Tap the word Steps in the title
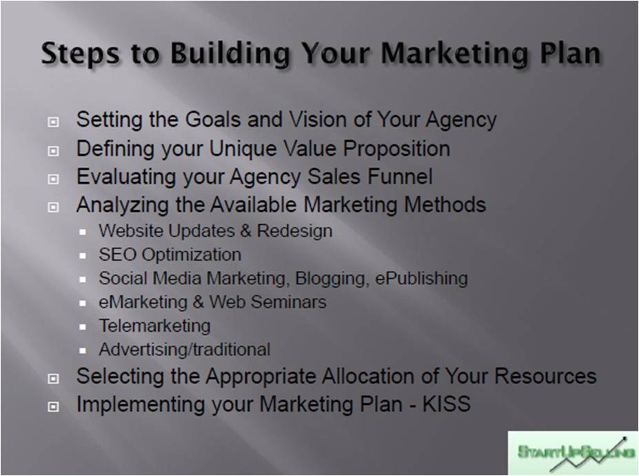click(x=80, y=54)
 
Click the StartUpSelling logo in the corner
click(x=573, y=453)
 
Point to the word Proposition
click(x=396, y=148)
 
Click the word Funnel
click(x=400, y=177)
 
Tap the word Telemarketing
click(x=155, y=326)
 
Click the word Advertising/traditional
click(x=185, y=350)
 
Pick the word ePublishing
click(x=421, y=278)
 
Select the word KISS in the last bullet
click(x=446, y=404)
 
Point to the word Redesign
click(x=294, y=231)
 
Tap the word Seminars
click(x=289, y=302)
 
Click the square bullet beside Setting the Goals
click(x=53, y=122)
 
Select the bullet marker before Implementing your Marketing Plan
click(x=53, y=406)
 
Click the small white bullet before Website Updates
click(x=83, y=232)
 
